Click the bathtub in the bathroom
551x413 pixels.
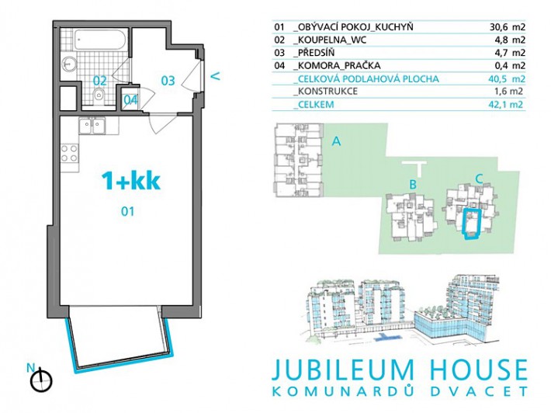pos(99,40)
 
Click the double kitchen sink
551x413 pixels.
pos(92,126)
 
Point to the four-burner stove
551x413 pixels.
pos(70,153)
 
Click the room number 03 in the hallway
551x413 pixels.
pos(168,81)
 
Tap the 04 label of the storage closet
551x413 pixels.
pos(130,100)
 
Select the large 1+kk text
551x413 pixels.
pos(130,181)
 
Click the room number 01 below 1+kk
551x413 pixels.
pos(127,211)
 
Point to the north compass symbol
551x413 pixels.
pos(41,380)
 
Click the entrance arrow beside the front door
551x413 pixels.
pos(216,75)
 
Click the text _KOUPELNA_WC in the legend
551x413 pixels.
pos(330,40)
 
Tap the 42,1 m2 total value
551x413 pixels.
pos(506,104)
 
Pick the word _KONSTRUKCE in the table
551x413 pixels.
pos(325,92)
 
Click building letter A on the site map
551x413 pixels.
pos(336,141)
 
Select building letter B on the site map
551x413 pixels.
pos(413,184)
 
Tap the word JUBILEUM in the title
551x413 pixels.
pos(342,370)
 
